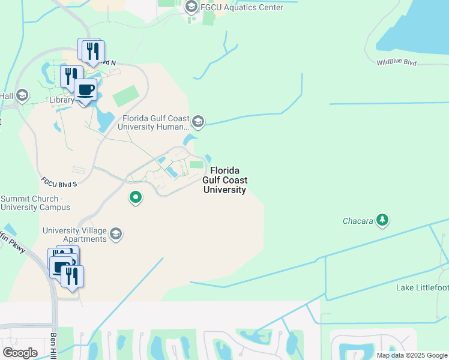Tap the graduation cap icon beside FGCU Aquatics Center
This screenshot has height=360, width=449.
point(191,7)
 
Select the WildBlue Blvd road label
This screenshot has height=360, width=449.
point(396,62)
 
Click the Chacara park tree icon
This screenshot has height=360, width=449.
point(382,220)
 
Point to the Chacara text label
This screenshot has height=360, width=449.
point(358,221)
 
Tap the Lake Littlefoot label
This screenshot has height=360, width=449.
point(422,288)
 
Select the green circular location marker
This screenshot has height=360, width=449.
point(136,197)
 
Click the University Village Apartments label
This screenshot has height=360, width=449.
point(74,235)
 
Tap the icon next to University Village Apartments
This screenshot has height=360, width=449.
point(116,234)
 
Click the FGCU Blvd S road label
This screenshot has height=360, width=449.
point(59,181)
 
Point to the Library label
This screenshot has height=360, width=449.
point(62,100)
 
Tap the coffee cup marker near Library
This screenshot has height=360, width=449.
point(86,90)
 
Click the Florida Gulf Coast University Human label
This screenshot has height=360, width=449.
point(155,123)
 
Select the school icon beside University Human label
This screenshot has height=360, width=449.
point(198,122)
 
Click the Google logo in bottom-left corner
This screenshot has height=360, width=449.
point(20,352)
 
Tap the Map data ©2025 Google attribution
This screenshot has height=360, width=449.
point(411,355)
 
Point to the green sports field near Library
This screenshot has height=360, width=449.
point(125,95)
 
